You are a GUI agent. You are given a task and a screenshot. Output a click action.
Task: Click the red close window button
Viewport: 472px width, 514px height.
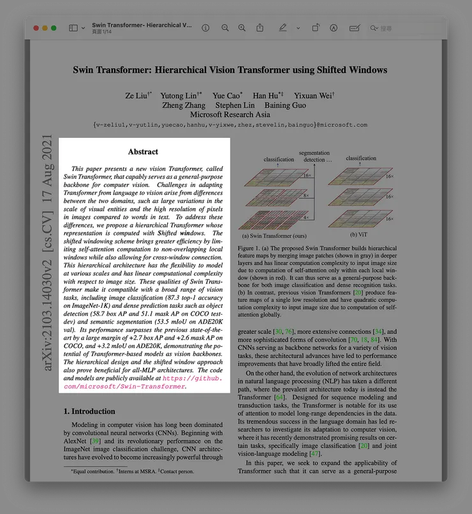tap(36, 28)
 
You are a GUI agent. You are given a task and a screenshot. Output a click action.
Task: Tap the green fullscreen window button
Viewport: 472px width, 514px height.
tap(54, 28)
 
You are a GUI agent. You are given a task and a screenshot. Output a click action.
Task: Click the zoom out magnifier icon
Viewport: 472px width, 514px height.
tap(225, 28)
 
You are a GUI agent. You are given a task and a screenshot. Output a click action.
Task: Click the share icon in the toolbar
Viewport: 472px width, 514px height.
tap(260, 28)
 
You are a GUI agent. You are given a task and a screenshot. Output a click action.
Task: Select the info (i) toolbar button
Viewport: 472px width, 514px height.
tap(205, 28)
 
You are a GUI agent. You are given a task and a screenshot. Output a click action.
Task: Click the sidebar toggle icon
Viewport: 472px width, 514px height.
tap(73, 28)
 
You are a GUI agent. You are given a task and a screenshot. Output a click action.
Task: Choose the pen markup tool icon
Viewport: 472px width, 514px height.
tap(283, 28)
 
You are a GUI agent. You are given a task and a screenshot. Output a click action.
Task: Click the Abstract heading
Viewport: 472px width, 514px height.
tap(143, 152)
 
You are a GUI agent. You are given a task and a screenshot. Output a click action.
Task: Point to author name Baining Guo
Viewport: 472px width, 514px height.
tap(284, 105)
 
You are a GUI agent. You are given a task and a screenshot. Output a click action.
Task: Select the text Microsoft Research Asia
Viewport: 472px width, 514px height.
tap(230, 115)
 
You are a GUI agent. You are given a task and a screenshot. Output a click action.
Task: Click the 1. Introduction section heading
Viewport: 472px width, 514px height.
tap(93, 411)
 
